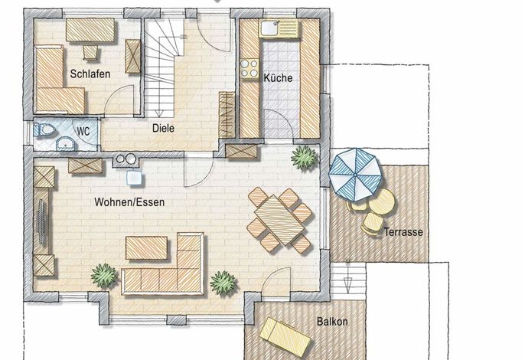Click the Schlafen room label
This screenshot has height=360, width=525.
90,74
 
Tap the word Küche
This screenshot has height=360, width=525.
278,78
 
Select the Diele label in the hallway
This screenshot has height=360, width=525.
163,128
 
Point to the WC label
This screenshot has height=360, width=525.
83,131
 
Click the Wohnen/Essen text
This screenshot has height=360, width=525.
129,202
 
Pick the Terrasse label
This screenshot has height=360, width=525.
403,232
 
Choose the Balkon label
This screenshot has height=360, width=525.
332,322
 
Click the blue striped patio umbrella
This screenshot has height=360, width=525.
356,175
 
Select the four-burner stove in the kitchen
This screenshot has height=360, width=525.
249,68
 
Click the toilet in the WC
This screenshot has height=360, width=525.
44,129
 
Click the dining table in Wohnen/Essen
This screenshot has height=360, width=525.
279,220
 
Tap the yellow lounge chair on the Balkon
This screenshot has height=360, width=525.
285,337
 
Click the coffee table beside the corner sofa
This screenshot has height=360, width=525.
147,248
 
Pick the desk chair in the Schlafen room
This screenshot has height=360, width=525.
90,53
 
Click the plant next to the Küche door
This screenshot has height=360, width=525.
304,157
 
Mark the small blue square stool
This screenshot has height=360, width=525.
135,178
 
